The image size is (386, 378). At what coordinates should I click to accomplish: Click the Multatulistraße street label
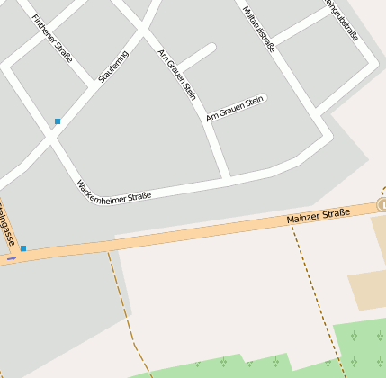(259, 29)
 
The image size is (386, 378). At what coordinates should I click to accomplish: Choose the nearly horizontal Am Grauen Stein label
(234, 109)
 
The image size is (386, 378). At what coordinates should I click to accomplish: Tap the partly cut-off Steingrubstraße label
(343, 20)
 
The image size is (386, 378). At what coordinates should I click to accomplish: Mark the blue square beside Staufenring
(58, 121)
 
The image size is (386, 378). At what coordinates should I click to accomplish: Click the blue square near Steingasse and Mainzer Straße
(23, 247)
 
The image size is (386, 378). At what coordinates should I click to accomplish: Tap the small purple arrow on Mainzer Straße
(12, 258)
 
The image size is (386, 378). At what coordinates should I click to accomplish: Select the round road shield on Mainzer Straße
(382, 205)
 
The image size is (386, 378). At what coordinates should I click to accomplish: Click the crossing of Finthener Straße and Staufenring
(93, 85)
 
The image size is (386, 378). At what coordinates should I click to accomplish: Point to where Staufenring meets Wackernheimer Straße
(52, 139)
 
